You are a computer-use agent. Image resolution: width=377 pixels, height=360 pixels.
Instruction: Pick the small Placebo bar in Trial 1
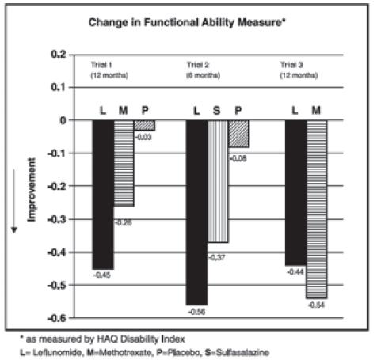(x=144, y=125)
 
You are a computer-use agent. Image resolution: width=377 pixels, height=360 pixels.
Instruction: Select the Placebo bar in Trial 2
(x=238, y=134)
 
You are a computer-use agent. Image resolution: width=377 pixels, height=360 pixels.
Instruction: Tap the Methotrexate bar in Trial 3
(x=315, y=209)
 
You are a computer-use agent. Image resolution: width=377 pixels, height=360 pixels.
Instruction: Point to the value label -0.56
(x=197, y=312)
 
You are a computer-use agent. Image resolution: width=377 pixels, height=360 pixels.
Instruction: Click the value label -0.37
(x=218, y=257)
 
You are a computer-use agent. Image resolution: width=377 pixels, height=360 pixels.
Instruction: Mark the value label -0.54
(x=316, y=305)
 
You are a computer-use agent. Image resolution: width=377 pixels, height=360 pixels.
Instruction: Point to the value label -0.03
(x=143, y=137)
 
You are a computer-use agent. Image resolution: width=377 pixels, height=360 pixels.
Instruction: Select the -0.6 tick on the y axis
(x=57, y=319)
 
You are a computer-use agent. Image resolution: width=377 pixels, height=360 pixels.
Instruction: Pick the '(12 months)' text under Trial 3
(x=297, y=74)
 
